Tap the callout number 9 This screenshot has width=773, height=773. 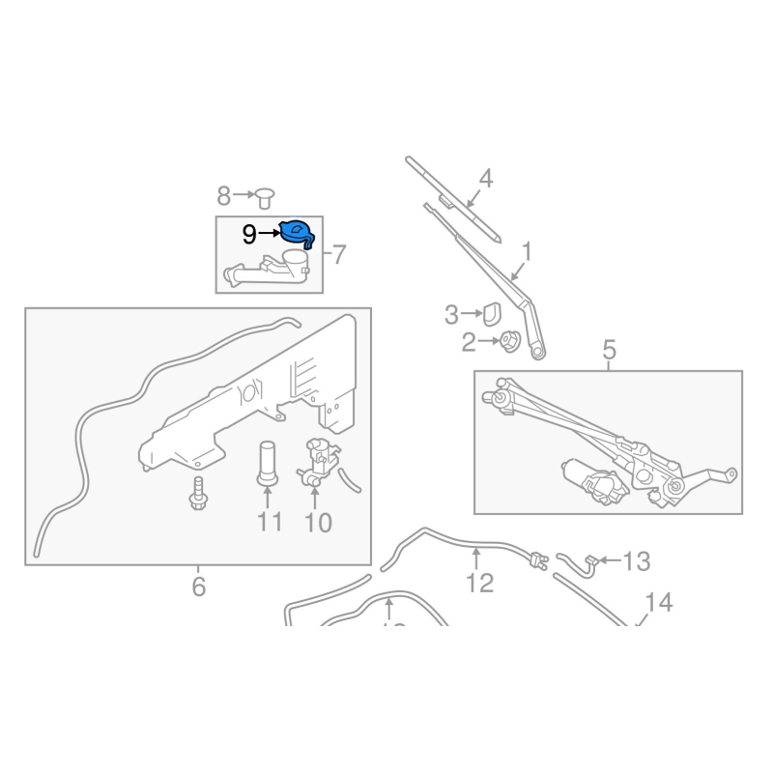click(x=249, y=235)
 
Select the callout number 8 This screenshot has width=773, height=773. click(x=224, y=197)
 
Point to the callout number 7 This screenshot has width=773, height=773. click(x=338, y=256)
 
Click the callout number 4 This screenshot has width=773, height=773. click(x=485, y=179)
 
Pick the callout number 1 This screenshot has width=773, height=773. click(x=527, y=253)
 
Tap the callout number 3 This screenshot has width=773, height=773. click(x=451, y=314)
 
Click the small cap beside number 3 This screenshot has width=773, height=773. click(x=489, y=312)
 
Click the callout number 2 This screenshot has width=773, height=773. click(x=469, y=342)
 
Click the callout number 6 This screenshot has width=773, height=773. click(x=198, y=587)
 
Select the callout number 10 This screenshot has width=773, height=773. click(x=318, y=524)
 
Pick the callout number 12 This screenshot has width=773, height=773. click(x=479, y=583)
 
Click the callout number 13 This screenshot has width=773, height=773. click(x=637, y=560)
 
